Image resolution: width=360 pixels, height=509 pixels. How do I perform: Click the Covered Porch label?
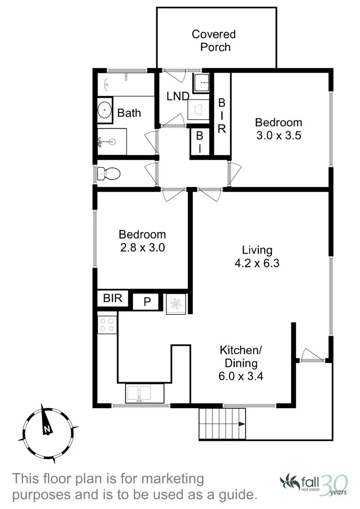pyautogui.click(x=213, y=41)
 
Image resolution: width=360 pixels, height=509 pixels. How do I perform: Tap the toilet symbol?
pyautogui.click(x=109, y=174)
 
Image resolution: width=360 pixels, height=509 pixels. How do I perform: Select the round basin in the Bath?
pyautogui.click(x=105, y=110)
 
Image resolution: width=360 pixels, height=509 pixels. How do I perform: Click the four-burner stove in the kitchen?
pyautogui.click(x=107, y=325)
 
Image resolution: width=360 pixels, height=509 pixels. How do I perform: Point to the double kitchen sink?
pyautogui.click(x=139, y=393)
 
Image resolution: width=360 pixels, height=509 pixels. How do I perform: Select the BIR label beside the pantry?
pyautogui.click(x=113, y=298)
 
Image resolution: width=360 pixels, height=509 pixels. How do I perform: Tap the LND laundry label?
pyautogui.click(x=178, y=97)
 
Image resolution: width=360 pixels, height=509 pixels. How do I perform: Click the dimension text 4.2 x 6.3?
pyautogui.click(x=257, y=263)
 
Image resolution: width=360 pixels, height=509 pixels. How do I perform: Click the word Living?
pyautogui.click(x=257, y=250)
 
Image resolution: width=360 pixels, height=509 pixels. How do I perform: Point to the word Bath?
pyautogui.click(x=129, y=113)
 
